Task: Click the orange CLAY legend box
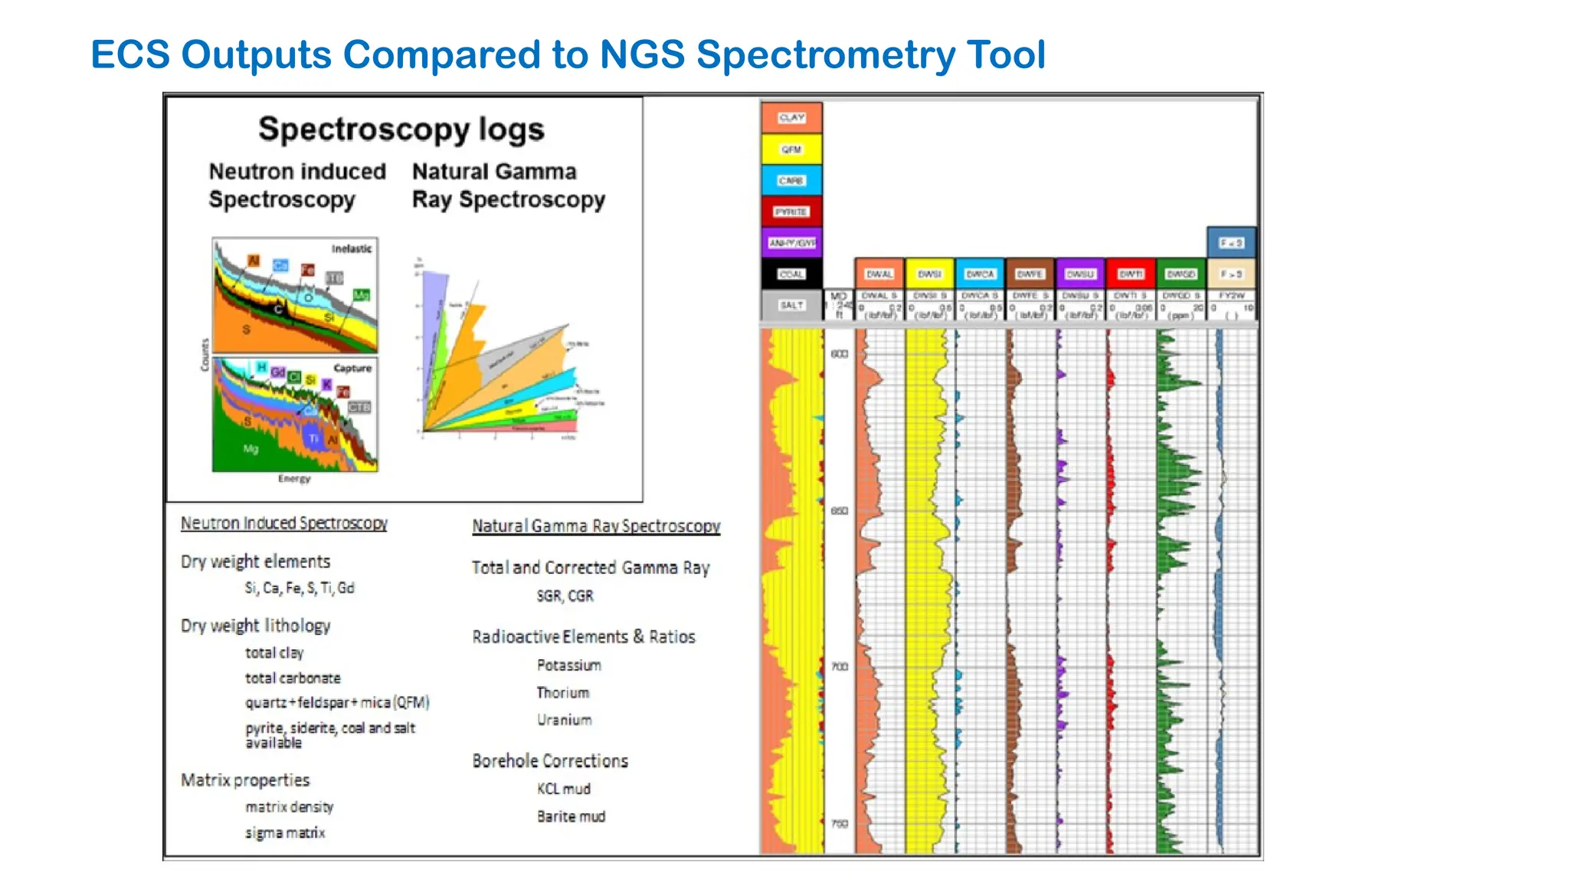click(x=791, y=118)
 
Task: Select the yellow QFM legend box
click(x=791, y=149)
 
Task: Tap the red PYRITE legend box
click(x=791, y=212)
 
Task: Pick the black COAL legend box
click(x=791, y=274)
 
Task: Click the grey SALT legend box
click(x=791, y=305)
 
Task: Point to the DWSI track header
click(x=929, y=274)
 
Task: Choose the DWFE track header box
click(x=1030, y=274)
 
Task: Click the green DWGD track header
click(x=1181, y=274)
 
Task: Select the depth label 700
click(x=840, y=667)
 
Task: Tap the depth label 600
click(x=840, y=354)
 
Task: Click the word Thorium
click(x=563, y=693)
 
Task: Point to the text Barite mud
click(x=571, y=817)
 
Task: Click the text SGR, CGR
click(x=565, y=596)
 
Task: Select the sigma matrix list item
click(x=285, y=833)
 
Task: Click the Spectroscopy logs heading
click(x=401, y=130)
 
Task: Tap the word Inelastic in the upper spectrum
click(x=352, y=249)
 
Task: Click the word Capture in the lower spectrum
click(x=352, y=369)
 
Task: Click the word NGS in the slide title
click(x=642, y=55)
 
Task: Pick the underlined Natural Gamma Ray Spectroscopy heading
click(x=596, y=527)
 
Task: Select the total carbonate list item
click(x=293, y=678)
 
